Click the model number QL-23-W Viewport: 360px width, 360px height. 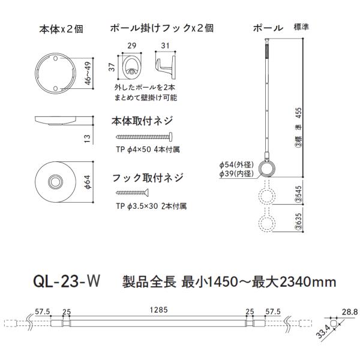click(x=67, y=281)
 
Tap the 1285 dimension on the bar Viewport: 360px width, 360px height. click(x=158, y=310)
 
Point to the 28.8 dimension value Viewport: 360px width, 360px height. click(x=350, y=312)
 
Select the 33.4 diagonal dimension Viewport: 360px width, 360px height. click(x=323, y=332)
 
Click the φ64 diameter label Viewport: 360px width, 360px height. click(x=88, y=182)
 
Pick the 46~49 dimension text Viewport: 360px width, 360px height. click(x=88, y=73)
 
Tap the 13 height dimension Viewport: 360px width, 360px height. click(x=87, y=139)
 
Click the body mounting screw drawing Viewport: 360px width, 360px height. click(x=144, y=137)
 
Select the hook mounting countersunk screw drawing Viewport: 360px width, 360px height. click(x=132, y=193)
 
